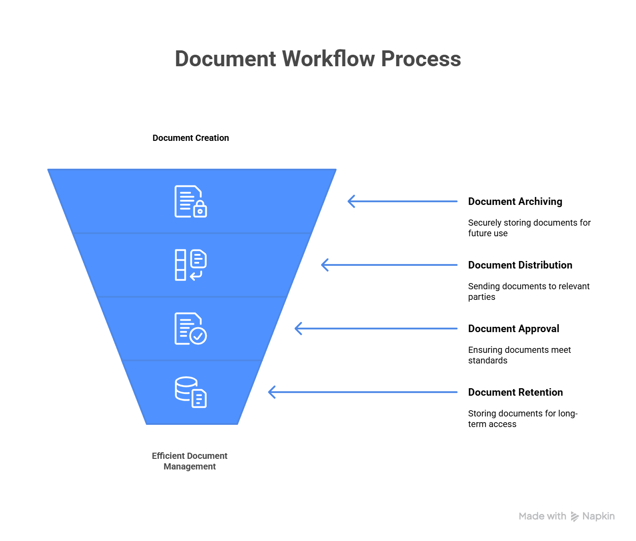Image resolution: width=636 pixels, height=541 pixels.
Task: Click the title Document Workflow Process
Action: click(x=318, y=58)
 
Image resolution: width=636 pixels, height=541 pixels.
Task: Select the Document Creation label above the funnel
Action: click(x=191, y=138)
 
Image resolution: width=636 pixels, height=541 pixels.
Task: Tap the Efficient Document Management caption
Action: click(x=189, y=461)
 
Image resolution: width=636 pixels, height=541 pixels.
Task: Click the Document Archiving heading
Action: click(x=515, y=201)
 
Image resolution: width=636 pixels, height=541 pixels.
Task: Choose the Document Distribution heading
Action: click(x=520, y=265)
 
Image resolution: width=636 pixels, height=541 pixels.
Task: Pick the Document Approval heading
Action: click(x=514, y=329)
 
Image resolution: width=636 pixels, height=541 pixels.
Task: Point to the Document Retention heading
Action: click(x=515, y=392)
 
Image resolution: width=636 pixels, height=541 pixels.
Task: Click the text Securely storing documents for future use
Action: click(x=529, y=228)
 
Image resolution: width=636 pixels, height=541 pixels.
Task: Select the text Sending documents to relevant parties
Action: click(x=529, y=291)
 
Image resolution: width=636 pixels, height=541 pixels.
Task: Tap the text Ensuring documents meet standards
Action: click(x=519, y=355)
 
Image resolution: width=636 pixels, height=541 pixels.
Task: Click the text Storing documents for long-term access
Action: click(x=523, y=419)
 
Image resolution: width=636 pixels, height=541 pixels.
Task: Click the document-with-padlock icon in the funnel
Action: click(x=191, y=201)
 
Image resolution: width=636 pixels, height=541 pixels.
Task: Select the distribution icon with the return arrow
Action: click(x=191, y=265)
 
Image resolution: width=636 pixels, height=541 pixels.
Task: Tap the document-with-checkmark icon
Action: click(x=191, y=329)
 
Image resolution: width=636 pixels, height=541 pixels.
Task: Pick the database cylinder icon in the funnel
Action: click(x=191, y=392)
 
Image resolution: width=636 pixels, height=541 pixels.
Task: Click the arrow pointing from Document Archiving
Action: click(x=402, y=201)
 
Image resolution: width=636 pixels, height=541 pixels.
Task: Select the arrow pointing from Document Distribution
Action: click(x=389, y=265)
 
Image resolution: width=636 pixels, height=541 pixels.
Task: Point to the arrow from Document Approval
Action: click(x=376, y=329)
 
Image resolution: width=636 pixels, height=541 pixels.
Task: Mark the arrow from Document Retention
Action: click(x=363, y=392)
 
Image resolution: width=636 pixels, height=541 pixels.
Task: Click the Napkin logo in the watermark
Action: click(x=575, y=516)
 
